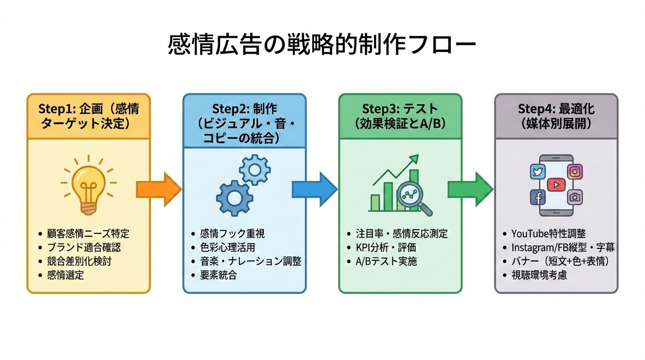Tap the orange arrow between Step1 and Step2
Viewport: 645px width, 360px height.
click(x=158, y=189)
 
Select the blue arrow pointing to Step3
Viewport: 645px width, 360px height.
click(x=314, y=189)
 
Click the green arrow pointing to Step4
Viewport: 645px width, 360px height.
click(x=470, y=189)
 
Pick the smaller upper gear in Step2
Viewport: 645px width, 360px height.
click(x=255, y=169)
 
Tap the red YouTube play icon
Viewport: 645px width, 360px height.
click(x=556, y=185)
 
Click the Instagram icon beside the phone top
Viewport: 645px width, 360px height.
click(x=575, y=172)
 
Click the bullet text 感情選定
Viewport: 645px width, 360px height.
click(x=66, y=275)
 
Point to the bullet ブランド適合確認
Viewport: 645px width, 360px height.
click(x=80, y=247)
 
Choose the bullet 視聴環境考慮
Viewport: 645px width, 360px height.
click(x=539, y=275)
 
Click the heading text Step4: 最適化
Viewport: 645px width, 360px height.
click(x=556, y=109)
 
